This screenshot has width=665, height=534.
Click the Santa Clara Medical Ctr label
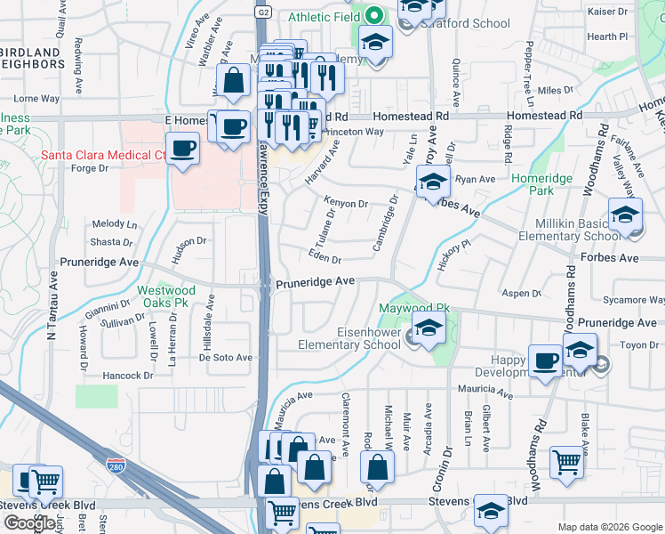[103, 155]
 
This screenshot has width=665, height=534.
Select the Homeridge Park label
[543, 184]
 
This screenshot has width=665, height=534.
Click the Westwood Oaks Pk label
[166, 296]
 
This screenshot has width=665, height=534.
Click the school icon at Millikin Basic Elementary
[625, 215]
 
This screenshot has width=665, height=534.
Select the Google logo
[30, 522]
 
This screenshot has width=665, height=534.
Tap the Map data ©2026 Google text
[610, 527]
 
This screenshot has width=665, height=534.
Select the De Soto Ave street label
[226, 358]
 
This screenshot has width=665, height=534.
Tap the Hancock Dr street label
[127, 376]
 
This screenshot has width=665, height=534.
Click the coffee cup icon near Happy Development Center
[545, 360]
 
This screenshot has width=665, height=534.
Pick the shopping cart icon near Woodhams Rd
[566, 461]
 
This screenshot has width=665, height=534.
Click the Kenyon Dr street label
[346, 204]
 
